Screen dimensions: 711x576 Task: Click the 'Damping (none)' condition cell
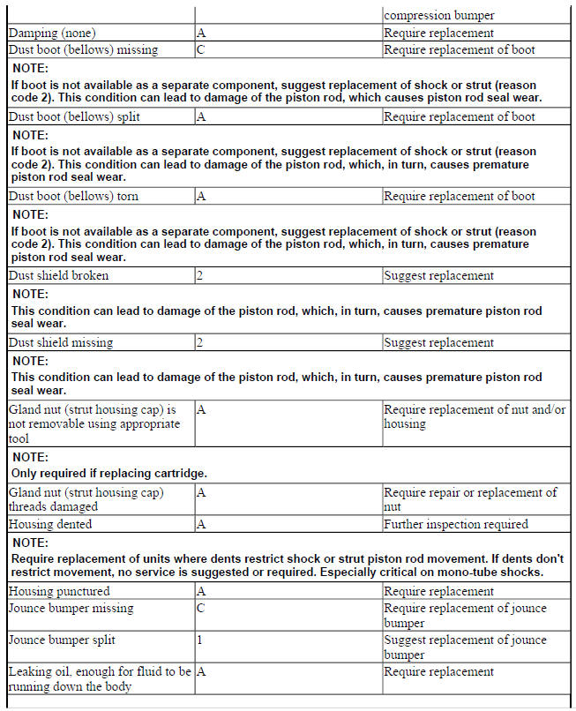tap(53, 34)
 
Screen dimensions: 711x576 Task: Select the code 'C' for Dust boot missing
tap(201, 50)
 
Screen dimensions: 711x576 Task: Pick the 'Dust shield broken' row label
tap(59, 275)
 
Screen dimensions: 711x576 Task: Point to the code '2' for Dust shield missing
tap(200, 342)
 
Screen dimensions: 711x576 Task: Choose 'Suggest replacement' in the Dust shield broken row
tap(438, 275)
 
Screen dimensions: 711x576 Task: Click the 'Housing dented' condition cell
tap(50, 524)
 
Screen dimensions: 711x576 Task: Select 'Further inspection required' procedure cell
tap(455, 524)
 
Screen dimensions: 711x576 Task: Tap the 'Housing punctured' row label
tap(59, 591)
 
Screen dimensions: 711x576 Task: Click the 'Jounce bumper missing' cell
tap(71, 608)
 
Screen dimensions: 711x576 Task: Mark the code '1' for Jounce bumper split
tap(200, 640)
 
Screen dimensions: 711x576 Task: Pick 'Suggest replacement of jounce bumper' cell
tap(465, 647)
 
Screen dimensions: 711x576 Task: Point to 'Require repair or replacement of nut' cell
tap(469, 499)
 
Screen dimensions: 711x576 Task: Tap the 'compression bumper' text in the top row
tap(439, 15)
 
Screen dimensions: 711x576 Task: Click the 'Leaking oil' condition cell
tap(99, 678)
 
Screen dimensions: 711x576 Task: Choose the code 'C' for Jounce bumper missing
tap(201, 608)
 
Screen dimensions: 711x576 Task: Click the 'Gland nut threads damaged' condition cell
tap(86, 499)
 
